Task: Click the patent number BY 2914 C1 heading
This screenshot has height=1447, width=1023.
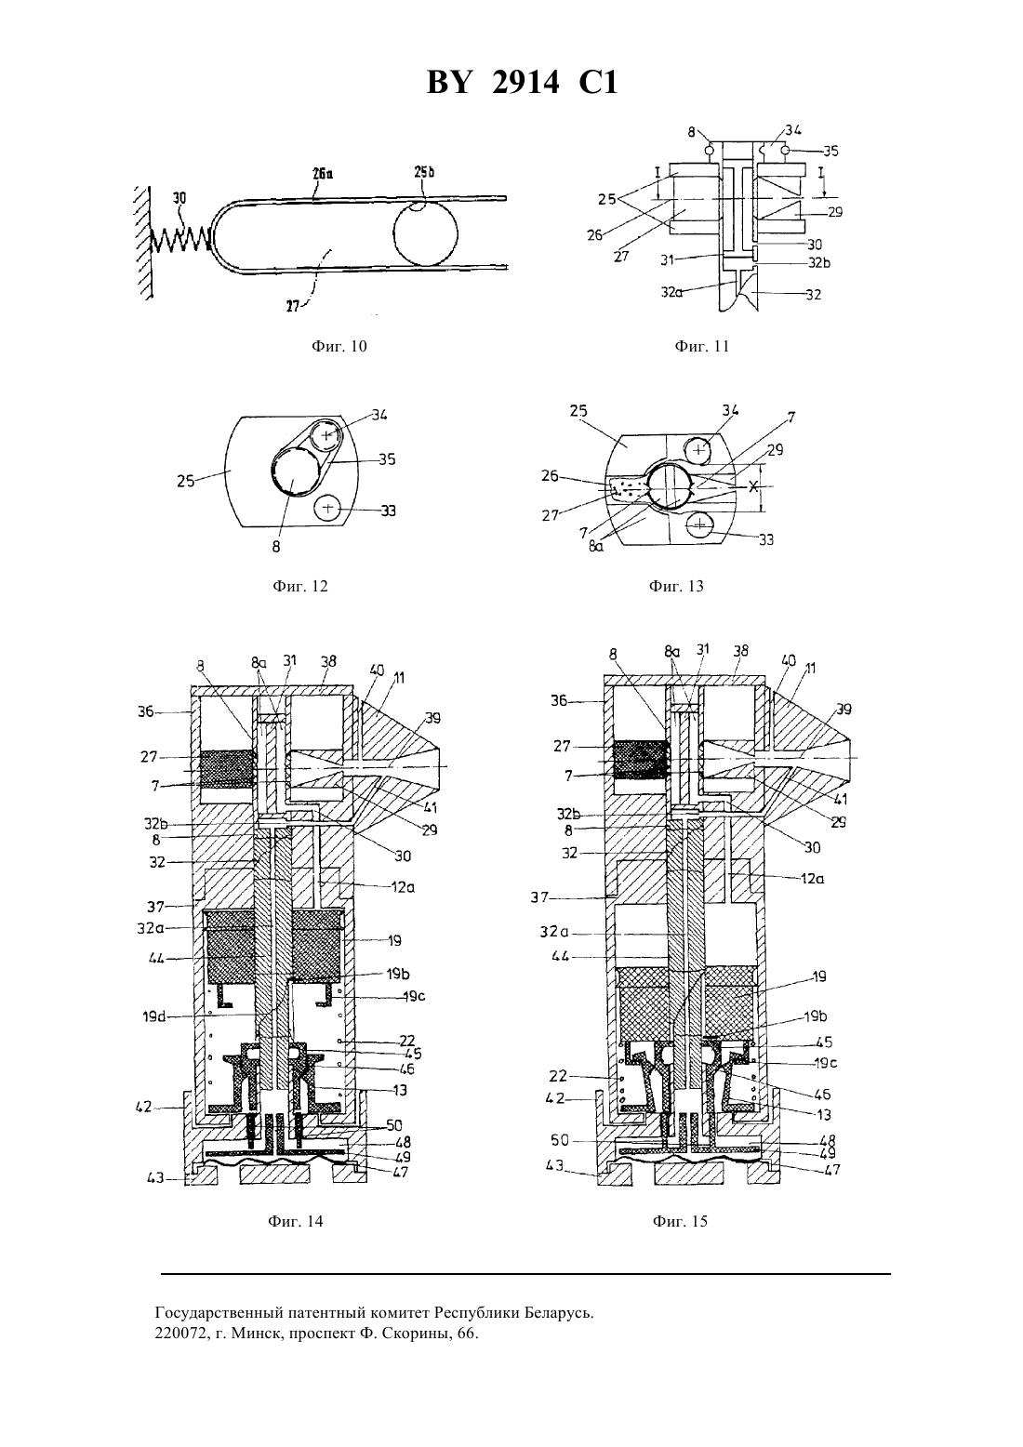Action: pyautogui.click(x=522, y=84)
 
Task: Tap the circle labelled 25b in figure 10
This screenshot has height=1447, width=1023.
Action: pyautogui.click(x=426, y=233)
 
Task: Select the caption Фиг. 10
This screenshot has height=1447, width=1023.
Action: pyautogui.click(x=339, y=346)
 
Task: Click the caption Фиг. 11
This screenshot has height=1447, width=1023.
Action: pyautogui.click(x=701, y=346)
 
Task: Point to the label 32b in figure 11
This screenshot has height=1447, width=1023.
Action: pyautogui.click(x=819, y=263)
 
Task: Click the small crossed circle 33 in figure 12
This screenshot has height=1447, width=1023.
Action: pyautogui.click(x=328, y=509)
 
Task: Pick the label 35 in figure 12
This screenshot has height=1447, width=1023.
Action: pyautogui.click(x=387, y=460)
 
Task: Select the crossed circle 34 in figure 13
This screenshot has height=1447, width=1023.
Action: pyautogui.click(x=699, y=450)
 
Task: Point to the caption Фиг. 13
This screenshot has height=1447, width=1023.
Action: pyautogui.click(x=675, y=587)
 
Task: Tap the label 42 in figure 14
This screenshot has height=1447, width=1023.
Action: pyautogui.click(x=143, y=1108)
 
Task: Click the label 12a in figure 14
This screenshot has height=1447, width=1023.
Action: pyautogui.click(x=403, y=887)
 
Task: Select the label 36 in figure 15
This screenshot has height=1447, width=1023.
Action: pyautogui.click(x=559, y=700)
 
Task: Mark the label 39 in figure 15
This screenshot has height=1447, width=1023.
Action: pyautogui.click(x=844, y=710)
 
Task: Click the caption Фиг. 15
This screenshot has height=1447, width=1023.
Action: pyautogui.click(x=680, y=1222)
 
